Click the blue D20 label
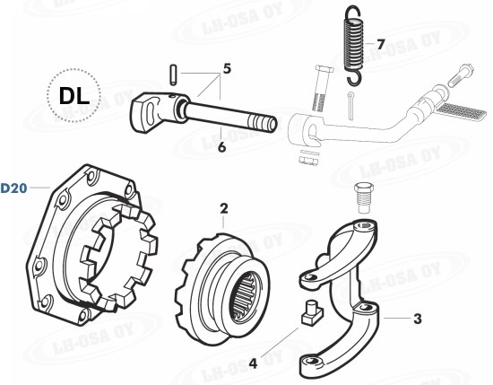13,188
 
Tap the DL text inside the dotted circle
74,96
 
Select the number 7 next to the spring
381,44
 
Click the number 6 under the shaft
221,147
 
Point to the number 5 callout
227,68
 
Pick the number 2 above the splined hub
223,209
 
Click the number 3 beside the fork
417,319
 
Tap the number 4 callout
253,363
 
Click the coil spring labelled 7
354,45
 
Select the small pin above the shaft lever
173,74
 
